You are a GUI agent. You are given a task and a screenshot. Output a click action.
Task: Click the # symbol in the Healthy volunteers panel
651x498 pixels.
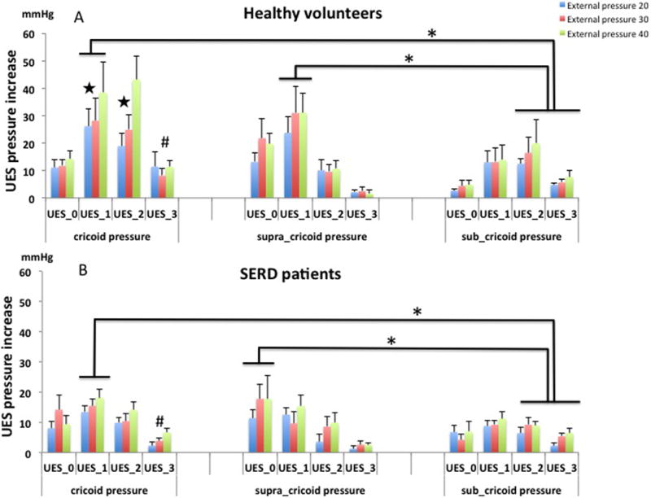pos(165,142)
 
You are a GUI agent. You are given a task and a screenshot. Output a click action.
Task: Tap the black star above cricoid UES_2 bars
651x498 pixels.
pos(125,102)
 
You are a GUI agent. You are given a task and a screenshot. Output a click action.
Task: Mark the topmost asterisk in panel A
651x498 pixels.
pos(432,34)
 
